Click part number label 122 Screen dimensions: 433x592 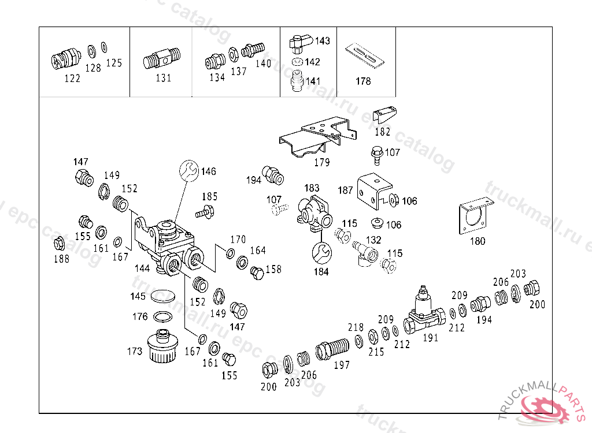pos(72,79)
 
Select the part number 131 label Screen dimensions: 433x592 pos(164,78)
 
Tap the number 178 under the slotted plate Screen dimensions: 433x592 pos(363,81)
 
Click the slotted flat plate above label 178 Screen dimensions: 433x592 pos(365,54)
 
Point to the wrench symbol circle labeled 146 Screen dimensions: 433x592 pos(188,171)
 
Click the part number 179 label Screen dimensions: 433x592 pos(321,162)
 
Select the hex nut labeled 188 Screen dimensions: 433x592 pos(58,243)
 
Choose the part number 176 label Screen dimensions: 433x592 pos(140,316)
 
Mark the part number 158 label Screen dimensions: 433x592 pos(273,269)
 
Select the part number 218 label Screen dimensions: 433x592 pos(356,327)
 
